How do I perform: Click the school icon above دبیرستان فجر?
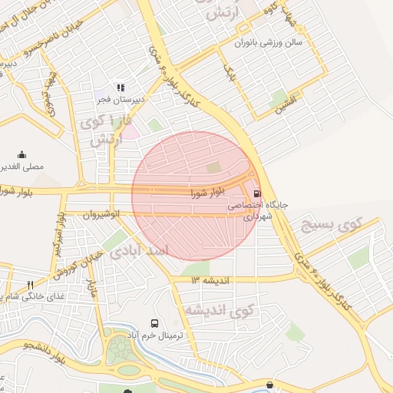point(119,88)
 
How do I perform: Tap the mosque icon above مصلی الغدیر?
point(21,154)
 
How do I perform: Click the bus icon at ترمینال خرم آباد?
point(155,324)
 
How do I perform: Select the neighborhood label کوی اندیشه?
point(218,310)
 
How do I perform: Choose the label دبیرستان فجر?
point(114,100)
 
